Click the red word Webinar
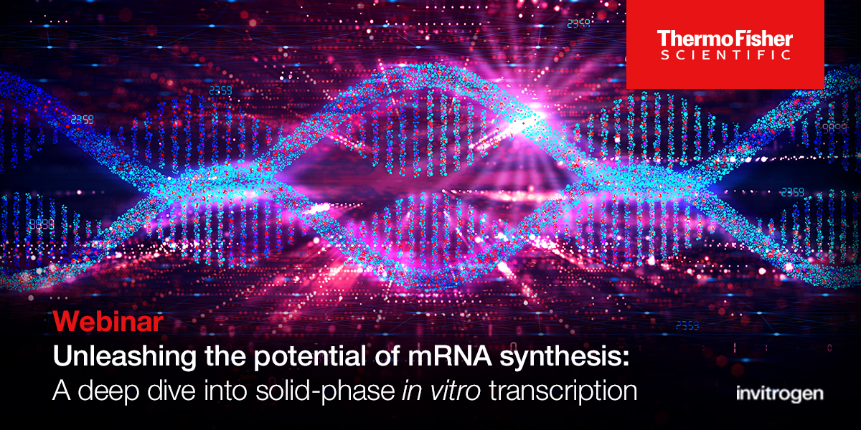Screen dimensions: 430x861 point(108,322)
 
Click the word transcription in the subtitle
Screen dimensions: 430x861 point(563,391)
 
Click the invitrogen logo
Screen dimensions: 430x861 point(779,393)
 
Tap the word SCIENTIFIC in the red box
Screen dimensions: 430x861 point(725,55)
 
